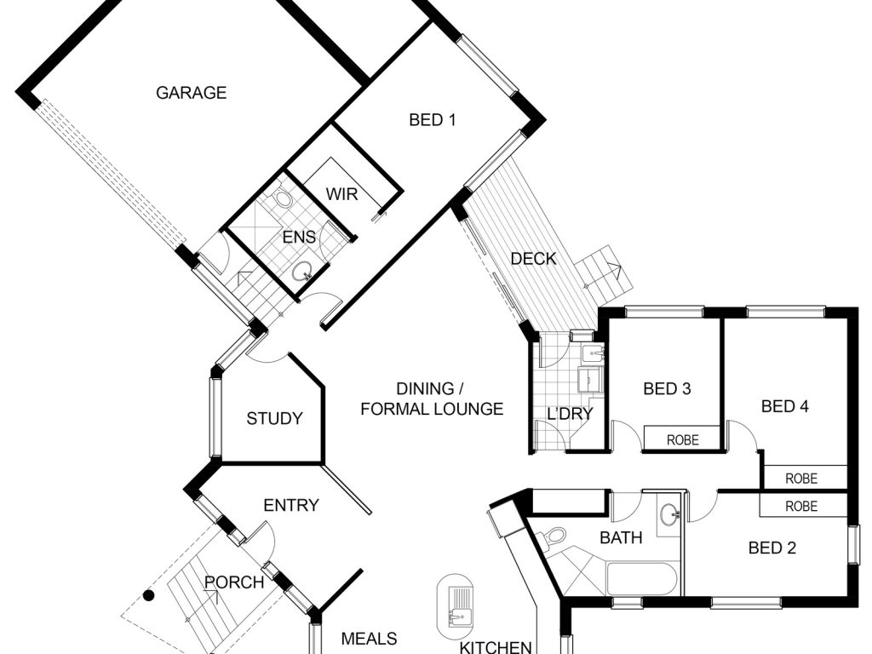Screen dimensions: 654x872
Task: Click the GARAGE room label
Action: point(191,93)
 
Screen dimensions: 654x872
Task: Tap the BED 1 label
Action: point(433,120)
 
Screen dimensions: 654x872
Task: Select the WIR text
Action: point(341,194)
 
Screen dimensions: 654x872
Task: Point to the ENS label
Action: point(299,238)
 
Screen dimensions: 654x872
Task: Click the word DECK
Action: point(533,259)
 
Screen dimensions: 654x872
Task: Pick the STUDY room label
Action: point(274,418)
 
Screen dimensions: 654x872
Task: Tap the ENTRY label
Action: point(291,505)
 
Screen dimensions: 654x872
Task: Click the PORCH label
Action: point(234,582)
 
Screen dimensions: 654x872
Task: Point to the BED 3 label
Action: point(667,389)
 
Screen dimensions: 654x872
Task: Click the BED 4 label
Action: point(784,406)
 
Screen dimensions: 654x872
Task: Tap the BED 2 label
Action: point(772,548)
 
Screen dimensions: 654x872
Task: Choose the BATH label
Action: point(621,537)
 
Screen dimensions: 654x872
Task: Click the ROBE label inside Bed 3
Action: point(682,440)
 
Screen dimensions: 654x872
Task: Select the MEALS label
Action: point(370,638)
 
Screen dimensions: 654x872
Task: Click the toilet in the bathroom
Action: point(555,536)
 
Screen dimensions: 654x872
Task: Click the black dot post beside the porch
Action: point(148,595)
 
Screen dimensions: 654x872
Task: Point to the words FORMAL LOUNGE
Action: point(432,409)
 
